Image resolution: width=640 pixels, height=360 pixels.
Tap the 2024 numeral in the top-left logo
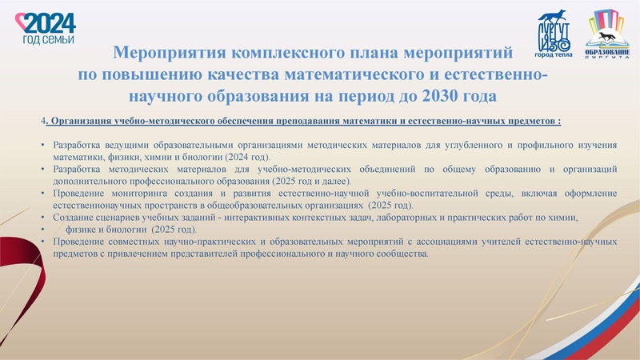[50, 22]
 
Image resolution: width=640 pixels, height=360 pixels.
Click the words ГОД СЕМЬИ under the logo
[50, 38]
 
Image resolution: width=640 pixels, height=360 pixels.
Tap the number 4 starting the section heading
[42, 122]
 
